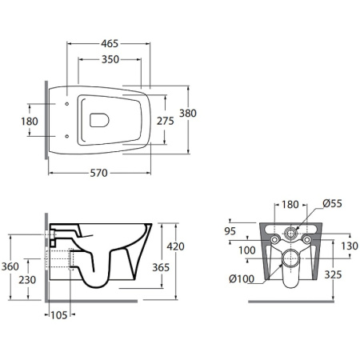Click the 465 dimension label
pos(110,43)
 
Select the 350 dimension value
pos(110,59)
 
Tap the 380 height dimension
pos(188,114)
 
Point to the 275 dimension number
pos(165,121)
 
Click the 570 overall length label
pos(98,173)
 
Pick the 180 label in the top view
pos(30,122)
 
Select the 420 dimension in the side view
pos(175,246)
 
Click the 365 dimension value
pos(161,267)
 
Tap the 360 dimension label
pos(10,266)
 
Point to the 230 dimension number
pos(27,280)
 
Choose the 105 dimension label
pos(59,315)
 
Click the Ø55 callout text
pos(332,203)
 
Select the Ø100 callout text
pos(242,279)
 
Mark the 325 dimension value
pos(333,274)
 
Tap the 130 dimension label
pos(350,246)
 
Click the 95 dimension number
pos(230,231)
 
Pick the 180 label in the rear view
pos(290,205)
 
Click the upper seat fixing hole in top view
pos(67,104)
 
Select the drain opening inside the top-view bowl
pos(99,120)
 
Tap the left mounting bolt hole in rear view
pos(274,240)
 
